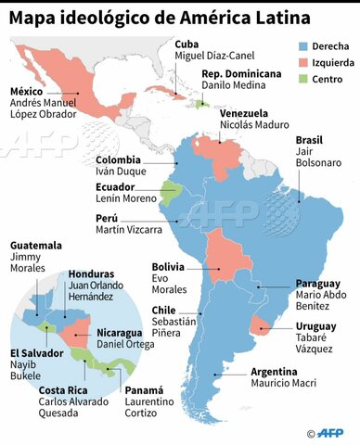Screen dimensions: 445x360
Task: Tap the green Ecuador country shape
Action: click(x=170, y=192)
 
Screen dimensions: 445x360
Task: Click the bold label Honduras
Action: click(x=92, y=274)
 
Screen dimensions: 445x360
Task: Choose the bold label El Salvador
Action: click(x=37, y=354)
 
